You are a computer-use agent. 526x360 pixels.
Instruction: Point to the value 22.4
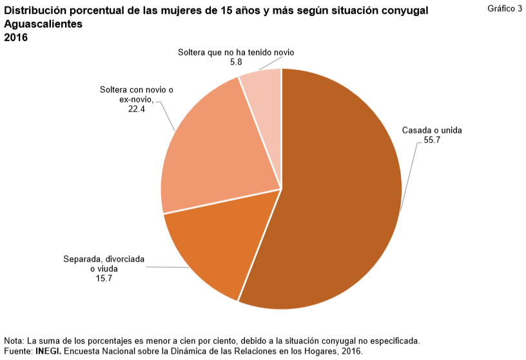click(x=137, y=109)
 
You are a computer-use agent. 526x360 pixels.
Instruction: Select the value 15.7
click(x=104, y=279)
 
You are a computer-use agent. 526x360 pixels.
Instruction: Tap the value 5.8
click(x=236, y=62)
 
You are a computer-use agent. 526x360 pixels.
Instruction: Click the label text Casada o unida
click(x=432, y=130)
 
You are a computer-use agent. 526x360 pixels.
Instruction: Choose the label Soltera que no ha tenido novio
click(x=236, y=53)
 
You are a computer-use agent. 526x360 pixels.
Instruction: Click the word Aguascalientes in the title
click(x=43, y=24)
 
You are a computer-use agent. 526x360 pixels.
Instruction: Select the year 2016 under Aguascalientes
click(x=16, y=37)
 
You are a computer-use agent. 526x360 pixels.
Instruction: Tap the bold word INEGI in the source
click(x=48, y=352)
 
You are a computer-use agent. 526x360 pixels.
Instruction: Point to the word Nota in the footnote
click(x=13, y=340)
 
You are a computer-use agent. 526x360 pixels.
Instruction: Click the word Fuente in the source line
click(x=17, y=352)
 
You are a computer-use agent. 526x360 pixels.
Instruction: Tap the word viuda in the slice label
click(x=107, y=269)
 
